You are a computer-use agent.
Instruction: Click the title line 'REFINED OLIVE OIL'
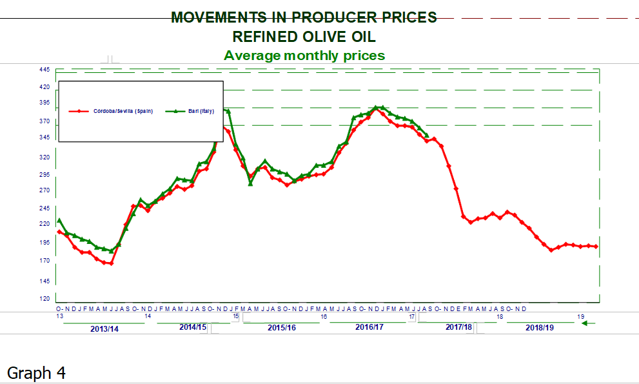(x=304, y=36)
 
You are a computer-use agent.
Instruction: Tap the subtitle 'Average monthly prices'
(x=304, y=56)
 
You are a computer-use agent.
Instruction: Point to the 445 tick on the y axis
(x=44, y=70)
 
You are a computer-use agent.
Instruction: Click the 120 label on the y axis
(x=44, y=299)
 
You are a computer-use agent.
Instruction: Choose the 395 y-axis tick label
(x=44, y=103)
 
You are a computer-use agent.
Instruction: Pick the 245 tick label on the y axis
(x=44, y=208)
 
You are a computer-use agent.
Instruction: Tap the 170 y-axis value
(x=44, y=261)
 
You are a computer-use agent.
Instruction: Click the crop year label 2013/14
(x=104, y=329)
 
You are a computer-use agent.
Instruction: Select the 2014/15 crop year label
(x=193, y=328)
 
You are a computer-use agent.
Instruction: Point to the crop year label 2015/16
(x=282, y=328)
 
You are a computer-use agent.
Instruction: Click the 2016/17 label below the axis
(x=369, y=328)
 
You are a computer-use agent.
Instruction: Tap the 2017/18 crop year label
(x=459, y=328)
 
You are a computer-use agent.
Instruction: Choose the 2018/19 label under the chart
(x=540, y=328)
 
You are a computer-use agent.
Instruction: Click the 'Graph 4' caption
(x=36, y=372)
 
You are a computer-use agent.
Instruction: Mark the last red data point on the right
(x=596, y=247)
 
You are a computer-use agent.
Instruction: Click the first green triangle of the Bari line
(x=59, y=221)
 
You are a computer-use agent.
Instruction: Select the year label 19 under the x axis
(x=581, y=317)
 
